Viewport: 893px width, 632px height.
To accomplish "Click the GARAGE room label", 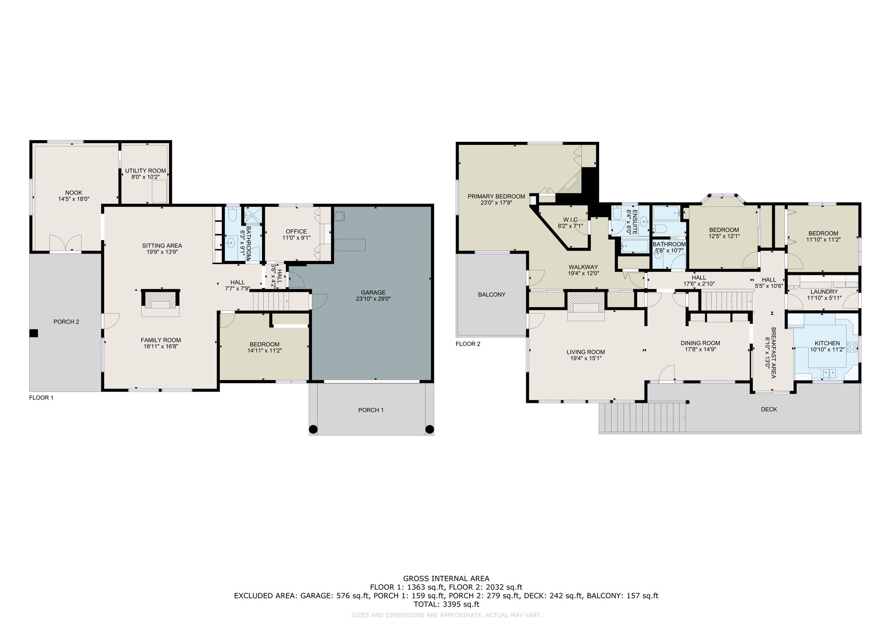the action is coord(373,292).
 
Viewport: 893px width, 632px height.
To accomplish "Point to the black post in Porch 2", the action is coord(34,333).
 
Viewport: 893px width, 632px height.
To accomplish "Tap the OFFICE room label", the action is coord(296,231).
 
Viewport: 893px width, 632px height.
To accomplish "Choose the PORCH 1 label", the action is coord(371,410).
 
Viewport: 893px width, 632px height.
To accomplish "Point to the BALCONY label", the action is coord(492,295).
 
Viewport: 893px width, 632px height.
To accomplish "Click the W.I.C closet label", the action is coord(571,220).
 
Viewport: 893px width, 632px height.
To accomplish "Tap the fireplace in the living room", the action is coord(586,306).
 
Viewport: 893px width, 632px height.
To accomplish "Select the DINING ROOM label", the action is coord(700,343).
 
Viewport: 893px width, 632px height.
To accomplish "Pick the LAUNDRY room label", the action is coord(824,292).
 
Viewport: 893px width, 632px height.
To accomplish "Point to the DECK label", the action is coord(769,409).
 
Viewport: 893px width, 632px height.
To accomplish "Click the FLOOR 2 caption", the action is coord(468,344).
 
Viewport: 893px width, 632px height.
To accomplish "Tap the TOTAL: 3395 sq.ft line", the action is coord(446,605).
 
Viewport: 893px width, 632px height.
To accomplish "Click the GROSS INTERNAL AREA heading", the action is coord(446,579).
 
